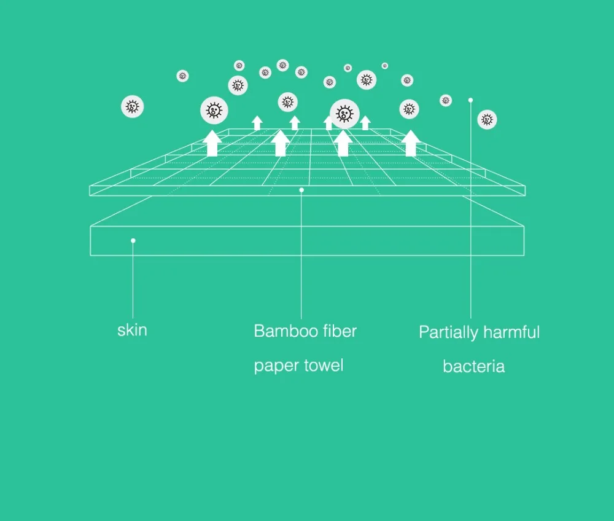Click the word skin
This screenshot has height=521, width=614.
click(133, 330)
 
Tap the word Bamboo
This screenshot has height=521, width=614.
click(280, 331)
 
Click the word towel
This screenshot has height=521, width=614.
click(324, 365)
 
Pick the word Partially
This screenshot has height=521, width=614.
click(448, 332)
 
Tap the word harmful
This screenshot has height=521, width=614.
click(511, 332)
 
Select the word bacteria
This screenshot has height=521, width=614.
click(474, 367)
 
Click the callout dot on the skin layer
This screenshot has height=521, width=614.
click(133, 240)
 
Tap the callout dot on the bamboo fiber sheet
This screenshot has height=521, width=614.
click(301, 190)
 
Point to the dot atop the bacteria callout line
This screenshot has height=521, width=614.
click(471, 100)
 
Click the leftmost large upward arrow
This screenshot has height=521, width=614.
click(212, 143)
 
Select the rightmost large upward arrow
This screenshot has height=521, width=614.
click(410, 143)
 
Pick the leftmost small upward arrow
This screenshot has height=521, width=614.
click(257, 123)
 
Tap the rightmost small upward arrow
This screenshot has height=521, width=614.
click(365, 123)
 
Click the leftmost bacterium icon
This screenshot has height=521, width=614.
click(133, 106)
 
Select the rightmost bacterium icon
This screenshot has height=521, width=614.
click(487, 119)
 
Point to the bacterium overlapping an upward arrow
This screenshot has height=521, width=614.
click(344, 114)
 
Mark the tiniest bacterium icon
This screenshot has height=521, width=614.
click(385, 66)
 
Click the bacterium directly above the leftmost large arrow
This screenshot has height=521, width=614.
click(214, 111)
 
